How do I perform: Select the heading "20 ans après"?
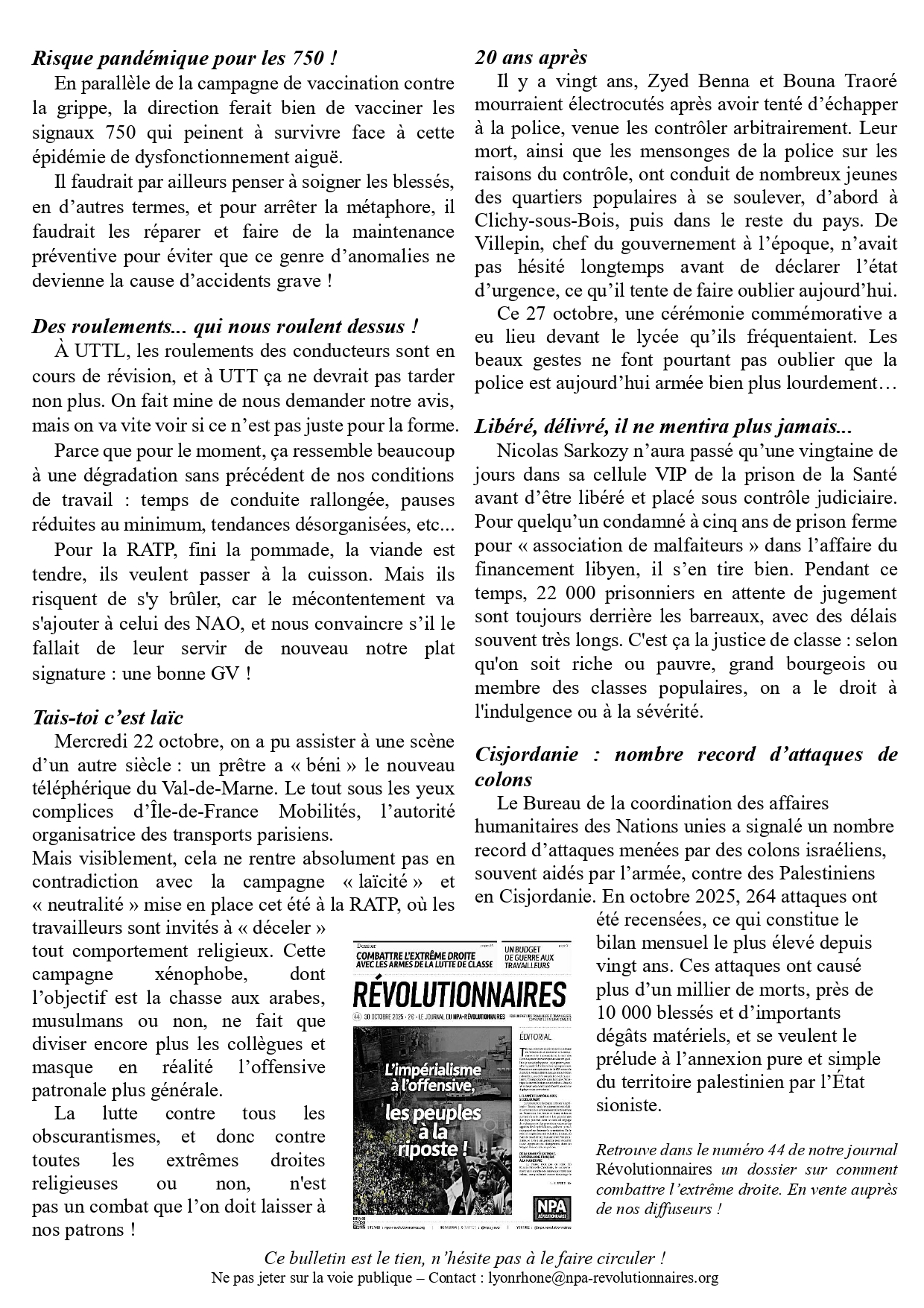531,57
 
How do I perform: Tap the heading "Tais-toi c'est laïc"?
108,718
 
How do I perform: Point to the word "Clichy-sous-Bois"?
533,221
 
